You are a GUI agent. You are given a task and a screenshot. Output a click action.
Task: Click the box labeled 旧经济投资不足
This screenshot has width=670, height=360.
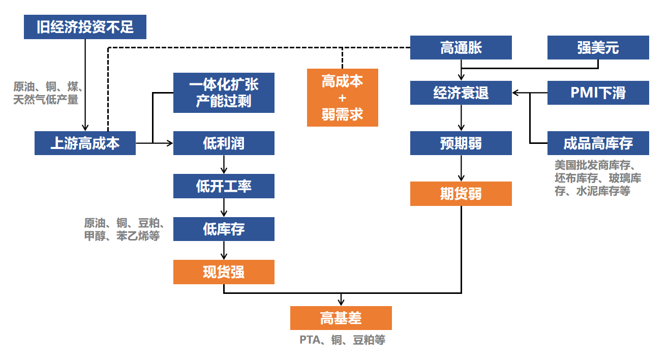pyautogui.click(x=85, y=27)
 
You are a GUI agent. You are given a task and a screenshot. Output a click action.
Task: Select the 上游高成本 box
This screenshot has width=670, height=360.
pyautogui.click(x=85, y=143)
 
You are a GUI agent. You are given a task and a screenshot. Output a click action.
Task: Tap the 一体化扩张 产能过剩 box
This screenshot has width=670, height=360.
pyautogui.click(x=224, y=93)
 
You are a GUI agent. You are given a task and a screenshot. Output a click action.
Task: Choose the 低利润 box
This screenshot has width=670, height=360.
pyautogui.click(x=224, y=143)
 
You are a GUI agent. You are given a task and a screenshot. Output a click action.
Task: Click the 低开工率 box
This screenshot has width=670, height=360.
pyautogui.click(x=224, y=186)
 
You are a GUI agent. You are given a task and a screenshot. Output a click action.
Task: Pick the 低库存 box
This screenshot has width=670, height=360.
pyautogui.click(x=224, y=229)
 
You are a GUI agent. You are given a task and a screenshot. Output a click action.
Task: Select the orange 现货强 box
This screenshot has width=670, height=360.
pyautogui.click(x=224, y=272)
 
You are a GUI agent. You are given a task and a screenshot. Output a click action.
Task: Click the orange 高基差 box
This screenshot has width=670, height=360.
pyautogui.click(x=341, y=318)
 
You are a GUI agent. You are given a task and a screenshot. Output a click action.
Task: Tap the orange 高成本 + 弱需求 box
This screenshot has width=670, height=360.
pyautogui.click(x=343, y=98)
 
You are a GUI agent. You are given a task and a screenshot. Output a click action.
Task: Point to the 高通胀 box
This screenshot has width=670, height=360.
pyautogui.click(x=461, y=48)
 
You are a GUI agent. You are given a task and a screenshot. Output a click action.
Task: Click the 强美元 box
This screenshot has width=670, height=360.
pyautogui.click(x=598, y=48)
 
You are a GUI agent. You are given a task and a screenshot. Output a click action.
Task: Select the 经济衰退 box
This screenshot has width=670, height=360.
pyautogui.click(x=461, y=93)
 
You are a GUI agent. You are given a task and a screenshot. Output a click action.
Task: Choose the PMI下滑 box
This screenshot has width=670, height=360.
pyautogui.click(x=598, y=93)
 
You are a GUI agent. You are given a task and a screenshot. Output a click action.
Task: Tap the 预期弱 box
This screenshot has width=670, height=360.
pyautogui.click(x=461, y=143)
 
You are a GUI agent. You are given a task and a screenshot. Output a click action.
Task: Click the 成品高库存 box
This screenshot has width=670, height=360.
pyautogui.click(x=598, y=143)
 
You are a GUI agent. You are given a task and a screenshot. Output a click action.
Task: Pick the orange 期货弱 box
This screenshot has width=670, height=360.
pyautogui.click(x=461, y=194)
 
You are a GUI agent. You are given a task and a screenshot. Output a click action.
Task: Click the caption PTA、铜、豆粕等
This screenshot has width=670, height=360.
pyautogui.click(x=343, y=340)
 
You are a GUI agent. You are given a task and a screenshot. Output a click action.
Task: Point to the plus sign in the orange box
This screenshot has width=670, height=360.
pyautogui.click(x=343, y=98)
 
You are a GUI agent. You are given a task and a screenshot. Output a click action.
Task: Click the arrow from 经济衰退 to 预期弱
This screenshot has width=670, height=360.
pyautogui.click(x=461, y=118)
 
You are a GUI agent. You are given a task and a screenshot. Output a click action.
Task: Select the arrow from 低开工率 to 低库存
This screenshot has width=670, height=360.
pyautogui.click(x=224, y=207)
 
